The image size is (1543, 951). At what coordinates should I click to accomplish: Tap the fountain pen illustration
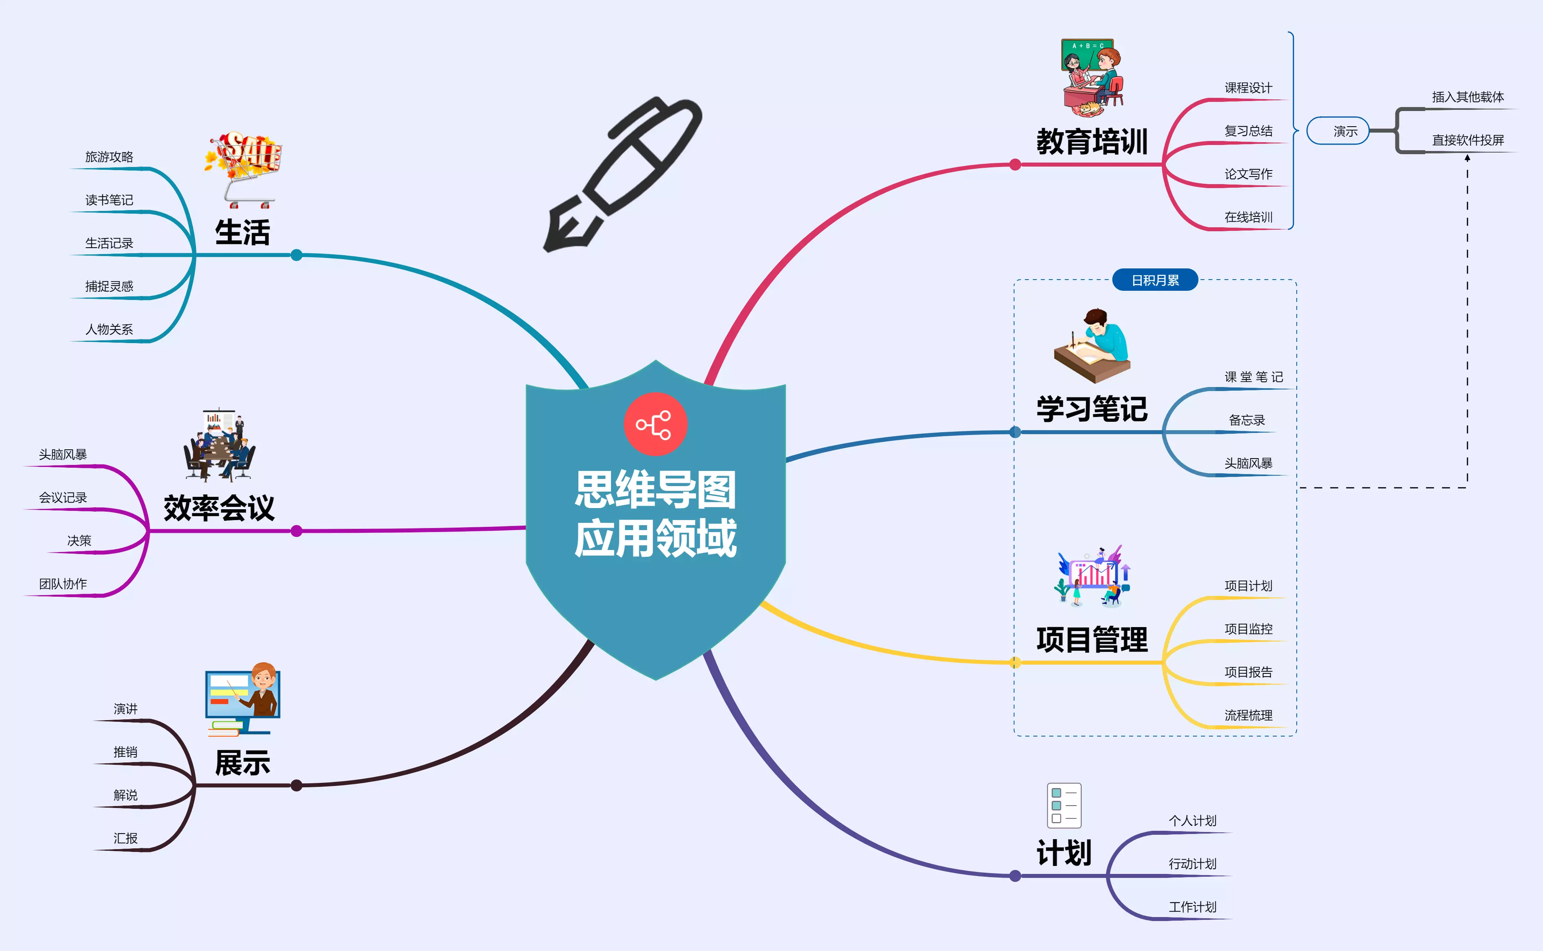622,175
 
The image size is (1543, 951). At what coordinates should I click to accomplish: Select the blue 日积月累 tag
1155,280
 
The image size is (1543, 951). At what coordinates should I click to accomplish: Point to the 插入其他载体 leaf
1468,97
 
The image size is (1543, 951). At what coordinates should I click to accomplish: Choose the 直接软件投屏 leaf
1468,140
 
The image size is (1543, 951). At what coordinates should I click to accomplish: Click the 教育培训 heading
1092,141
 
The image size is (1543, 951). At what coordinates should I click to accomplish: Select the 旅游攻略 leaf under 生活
109,157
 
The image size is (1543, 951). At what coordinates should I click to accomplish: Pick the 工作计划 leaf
1192,907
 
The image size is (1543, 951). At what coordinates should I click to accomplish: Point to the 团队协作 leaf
63,584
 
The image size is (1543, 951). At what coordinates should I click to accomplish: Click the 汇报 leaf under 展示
126,838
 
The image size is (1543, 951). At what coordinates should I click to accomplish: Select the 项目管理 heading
1092,640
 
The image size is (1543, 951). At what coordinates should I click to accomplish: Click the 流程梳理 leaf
1248,715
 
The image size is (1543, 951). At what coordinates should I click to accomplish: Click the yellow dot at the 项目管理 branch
1015,662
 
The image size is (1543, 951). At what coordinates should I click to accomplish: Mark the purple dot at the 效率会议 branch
297,532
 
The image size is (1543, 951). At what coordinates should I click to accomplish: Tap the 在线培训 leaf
1248,217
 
